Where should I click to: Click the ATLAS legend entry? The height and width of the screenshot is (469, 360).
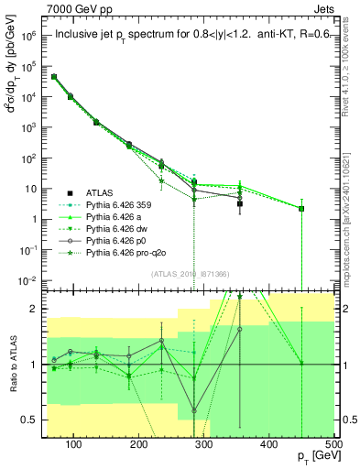click(101, 193)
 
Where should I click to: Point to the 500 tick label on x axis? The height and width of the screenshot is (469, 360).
click(333, 444)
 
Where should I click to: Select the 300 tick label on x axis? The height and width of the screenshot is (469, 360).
click(203, 444)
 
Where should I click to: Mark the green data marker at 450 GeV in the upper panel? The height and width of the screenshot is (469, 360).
click(301, 209)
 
